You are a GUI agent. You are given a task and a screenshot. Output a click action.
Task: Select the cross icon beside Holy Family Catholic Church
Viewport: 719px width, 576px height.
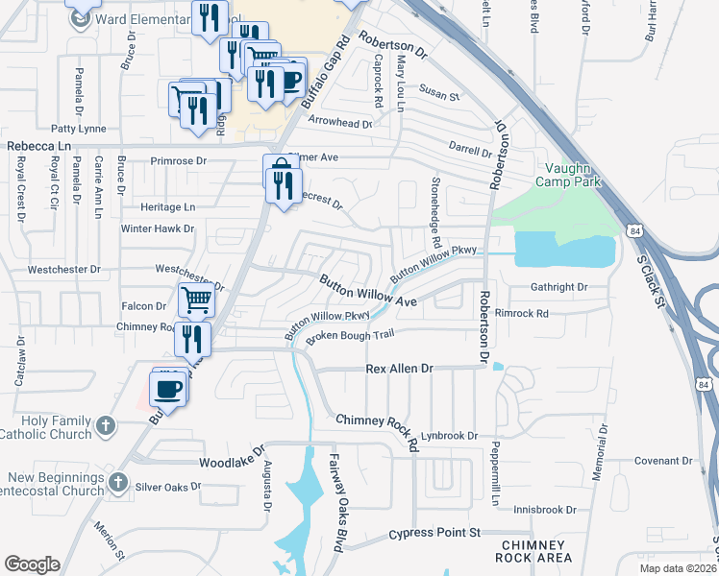107,423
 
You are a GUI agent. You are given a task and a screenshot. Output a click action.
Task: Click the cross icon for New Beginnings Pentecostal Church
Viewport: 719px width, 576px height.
117,480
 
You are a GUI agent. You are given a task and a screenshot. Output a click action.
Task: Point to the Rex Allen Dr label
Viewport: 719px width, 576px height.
401,369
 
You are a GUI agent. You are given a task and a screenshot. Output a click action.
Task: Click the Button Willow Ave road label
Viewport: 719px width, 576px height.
368,292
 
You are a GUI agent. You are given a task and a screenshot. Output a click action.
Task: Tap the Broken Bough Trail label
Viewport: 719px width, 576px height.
351,336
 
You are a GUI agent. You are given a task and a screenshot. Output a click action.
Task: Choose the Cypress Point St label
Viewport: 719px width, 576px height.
434,533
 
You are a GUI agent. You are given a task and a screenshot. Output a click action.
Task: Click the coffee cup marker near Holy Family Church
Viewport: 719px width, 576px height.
168,388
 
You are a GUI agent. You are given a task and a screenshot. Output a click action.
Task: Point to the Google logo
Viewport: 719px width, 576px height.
33,564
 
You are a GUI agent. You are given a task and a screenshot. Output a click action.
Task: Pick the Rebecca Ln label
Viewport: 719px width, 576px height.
40,146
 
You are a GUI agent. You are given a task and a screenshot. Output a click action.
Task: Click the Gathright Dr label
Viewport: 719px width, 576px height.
558,287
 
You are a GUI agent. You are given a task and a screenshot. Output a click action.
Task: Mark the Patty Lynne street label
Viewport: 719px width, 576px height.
79,127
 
